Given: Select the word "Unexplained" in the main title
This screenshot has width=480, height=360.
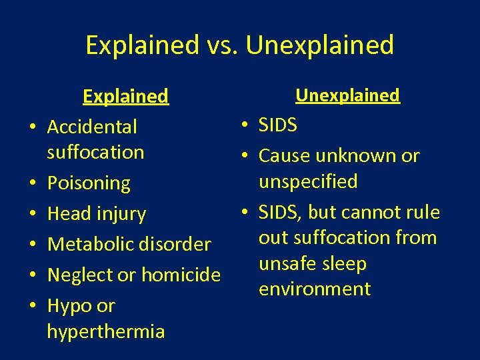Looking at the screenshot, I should coord(320,45).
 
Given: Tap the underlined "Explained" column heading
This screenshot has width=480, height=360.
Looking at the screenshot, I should coord(125,97).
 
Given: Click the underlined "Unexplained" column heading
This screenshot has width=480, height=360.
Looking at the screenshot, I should coord(347,95).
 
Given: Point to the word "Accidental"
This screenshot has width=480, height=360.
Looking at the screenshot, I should coord(92,127).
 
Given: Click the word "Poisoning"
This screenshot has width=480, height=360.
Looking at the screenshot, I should coord(89,183).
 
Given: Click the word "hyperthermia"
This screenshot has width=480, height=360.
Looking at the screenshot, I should coord(106,331).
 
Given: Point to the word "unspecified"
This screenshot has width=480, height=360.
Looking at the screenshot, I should coord(308,181).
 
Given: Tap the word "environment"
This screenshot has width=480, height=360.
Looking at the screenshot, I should coord(315,289).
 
